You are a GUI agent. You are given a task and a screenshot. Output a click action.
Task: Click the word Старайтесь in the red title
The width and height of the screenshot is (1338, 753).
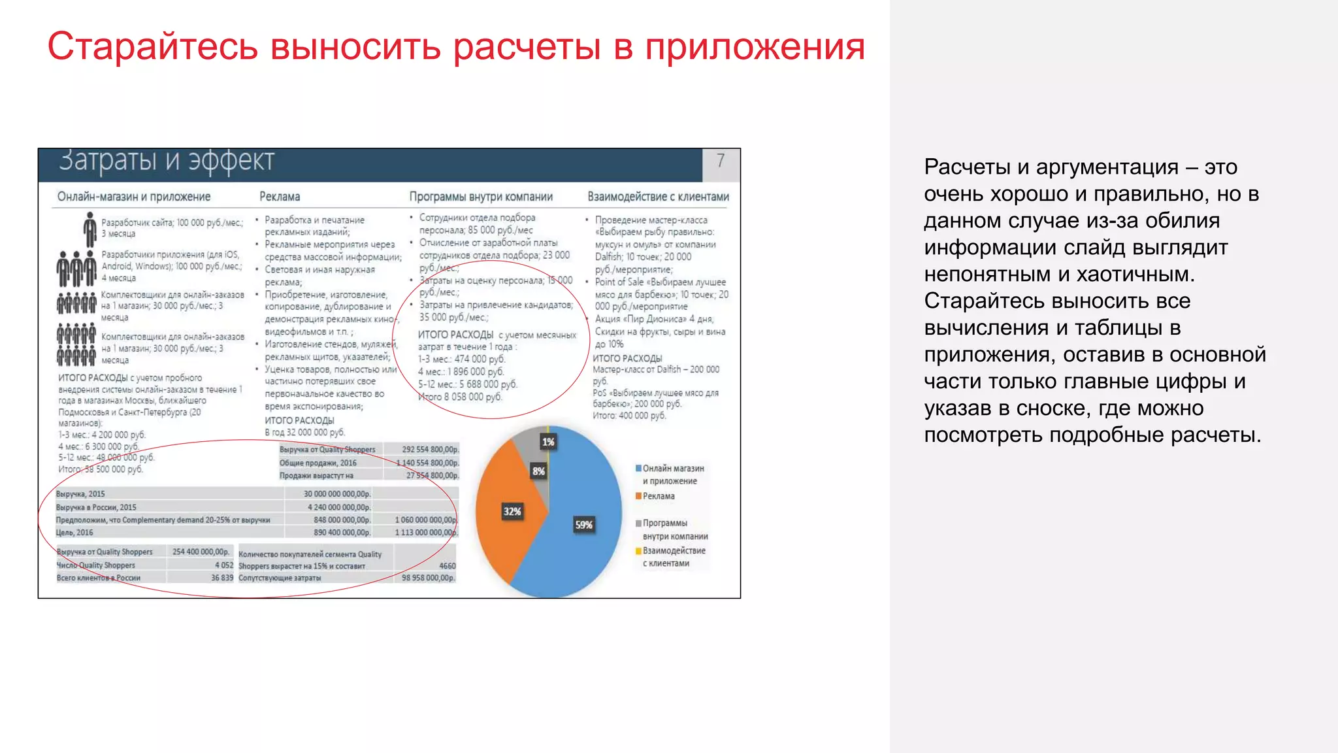coord(152,47)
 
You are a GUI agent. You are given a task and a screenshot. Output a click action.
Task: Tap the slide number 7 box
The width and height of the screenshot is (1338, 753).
coord(720,161)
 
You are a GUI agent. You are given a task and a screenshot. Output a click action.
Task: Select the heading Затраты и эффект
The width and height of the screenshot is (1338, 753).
coord(167,161)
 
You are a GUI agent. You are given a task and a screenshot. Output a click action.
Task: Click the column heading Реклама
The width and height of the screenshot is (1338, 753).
coord(280,197)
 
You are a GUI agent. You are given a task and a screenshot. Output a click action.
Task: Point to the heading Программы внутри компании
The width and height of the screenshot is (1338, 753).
coord(481,197)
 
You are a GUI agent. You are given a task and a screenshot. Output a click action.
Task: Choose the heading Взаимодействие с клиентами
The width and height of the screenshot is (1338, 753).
coord(658,197)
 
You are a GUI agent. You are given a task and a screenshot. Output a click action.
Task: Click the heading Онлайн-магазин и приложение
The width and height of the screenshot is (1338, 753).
coord(134,197)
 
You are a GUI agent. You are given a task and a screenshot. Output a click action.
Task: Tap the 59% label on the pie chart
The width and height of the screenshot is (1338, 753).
coord(583,525)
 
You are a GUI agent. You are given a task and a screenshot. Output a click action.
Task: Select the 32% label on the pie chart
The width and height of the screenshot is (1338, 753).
coord(512,512)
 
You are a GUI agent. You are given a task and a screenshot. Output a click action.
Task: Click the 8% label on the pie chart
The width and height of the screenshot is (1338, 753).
coord(538,471)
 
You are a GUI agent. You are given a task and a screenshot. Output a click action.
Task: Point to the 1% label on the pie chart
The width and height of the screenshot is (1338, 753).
coord(548,443)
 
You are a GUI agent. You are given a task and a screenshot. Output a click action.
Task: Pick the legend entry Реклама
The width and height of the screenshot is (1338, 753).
coord(658,496)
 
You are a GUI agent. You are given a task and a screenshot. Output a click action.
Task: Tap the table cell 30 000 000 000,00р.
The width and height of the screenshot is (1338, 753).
coord(336,494)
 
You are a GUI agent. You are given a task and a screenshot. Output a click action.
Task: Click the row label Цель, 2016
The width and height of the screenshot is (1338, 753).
coord(74,533)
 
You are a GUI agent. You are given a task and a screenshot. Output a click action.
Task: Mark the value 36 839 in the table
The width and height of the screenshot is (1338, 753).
coord(222,578)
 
